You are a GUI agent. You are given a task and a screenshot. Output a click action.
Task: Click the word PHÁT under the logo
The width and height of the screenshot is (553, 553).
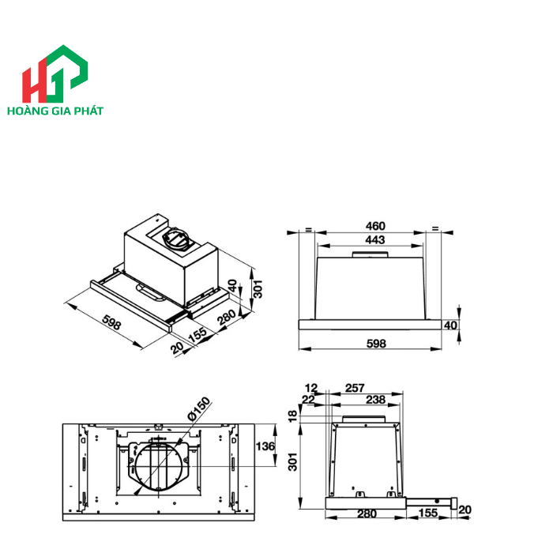[x=107, y=111]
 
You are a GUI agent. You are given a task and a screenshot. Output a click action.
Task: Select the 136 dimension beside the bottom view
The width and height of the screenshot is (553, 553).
[x=265, y=447]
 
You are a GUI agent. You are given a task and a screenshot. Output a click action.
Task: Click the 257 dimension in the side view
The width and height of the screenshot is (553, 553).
[x=355, y=388]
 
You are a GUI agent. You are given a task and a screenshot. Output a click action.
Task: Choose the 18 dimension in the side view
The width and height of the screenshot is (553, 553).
[x=293, y=416]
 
